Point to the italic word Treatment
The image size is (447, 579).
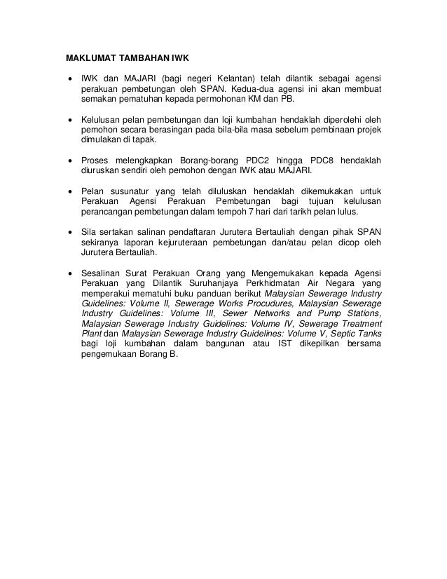pos(357,326)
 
